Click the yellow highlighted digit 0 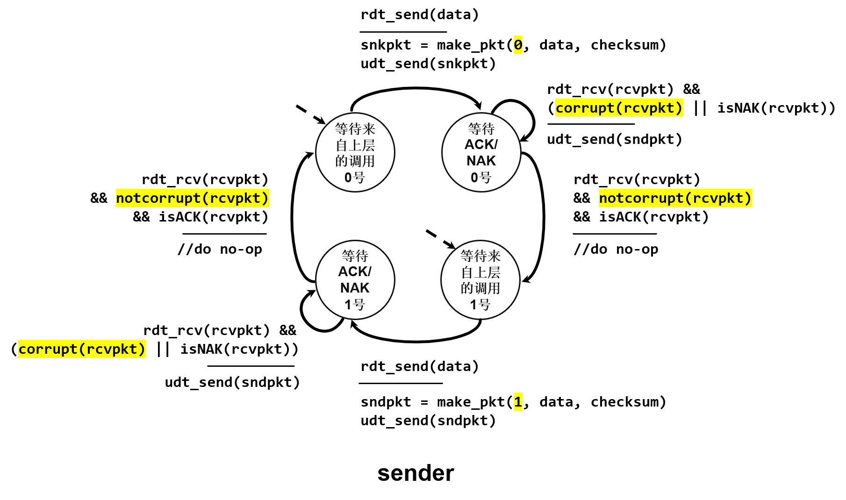tap(518, 45)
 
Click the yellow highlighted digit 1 tap(518, 402)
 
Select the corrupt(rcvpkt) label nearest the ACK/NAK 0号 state tap(619, 107)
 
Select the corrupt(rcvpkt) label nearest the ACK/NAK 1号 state tap(82, 349)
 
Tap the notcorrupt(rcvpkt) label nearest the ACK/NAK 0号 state tap(675, 198)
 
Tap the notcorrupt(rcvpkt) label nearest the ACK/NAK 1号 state tap(193, 198)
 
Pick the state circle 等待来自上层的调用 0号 tap(355, 152)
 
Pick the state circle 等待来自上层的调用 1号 tap(480, 280)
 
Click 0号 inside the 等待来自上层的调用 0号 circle tap(355, 178)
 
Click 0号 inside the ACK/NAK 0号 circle tap(481, 178)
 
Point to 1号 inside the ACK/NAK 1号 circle tap(355, 305)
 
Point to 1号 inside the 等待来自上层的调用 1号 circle tap(480, 305)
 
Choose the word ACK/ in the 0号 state tap(481, 144)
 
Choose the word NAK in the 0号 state tap(481, 161)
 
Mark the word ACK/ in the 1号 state tap(355, 271)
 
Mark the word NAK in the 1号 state tap(355, 288)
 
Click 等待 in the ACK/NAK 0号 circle tap(481, 129)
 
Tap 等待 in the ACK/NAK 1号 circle tap(355, 256)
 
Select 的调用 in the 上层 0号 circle tap(355, 161)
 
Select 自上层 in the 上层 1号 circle tap(480, 272)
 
